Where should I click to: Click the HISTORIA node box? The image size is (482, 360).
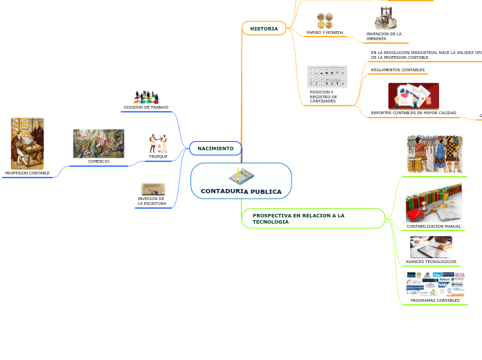tap(264, 28)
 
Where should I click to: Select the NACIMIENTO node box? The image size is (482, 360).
tap(215, 148)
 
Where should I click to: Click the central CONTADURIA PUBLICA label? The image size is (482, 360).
tap(241, 191)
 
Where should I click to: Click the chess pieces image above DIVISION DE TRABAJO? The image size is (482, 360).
tap(146, 97)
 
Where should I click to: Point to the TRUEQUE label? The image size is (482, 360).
tap(158, 156)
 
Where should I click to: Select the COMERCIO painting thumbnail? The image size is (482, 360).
tap(98, 143)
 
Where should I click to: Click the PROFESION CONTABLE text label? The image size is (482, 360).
tap(28, 173)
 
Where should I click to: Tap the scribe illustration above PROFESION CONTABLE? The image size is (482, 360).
tap(27, 143)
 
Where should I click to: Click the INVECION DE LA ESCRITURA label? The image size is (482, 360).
tap(152, 201)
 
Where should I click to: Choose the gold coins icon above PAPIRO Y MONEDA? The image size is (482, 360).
tap(325, 21)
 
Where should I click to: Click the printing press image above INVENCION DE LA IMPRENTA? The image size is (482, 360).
tap(384, 19)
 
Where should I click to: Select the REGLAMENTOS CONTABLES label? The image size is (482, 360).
tap(398, 70)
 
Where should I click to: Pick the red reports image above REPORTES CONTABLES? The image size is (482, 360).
tap(413, 96)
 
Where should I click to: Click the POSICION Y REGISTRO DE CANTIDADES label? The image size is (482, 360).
tap(323, 96)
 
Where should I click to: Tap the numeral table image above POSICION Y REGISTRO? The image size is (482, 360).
tap(327, 76)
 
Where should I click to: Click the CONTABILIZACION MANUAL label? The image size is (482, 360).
tap(434, 226)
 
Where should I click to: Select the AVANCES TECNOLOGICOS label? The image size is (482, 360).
tap(431, 262)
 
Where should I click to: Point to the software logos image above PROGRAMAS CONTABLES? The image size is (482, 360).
tap(435, 284)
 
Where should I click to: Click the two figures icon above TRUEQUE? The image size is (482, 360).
tap(158, 143)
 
